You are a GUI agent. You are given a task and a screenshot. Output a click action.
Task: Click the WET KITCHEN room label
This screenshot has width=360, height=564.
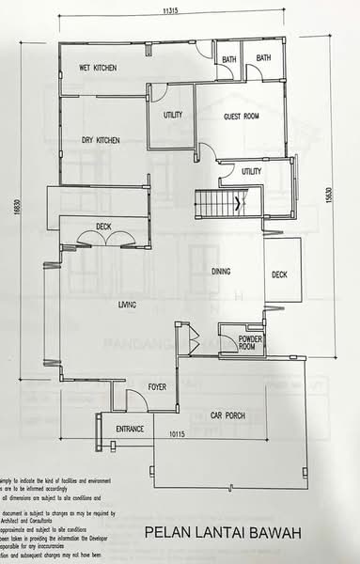97,68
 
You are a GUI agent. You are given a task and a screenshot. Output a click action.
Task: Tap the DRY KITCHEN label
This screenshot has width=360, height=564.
101,140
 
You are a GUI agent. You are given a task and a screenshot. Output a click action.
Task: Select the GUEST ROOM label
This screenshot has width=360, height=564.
241,117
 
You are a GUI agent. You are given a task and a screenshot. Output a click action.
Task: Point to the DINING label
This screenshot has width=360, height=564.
223,272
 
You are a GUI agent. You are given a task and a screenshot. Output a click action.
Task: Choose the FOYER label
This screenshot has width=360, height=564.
158,386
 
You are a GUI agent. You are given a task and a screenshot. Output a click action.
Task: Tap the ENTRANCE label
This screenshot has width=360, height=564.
130,429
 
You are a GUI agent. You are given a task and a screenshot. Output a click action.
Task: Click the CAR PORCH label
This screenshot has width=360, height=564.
228,415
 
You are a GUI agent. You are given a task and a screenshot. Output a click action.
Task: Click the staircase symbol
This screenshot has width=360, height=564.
219,203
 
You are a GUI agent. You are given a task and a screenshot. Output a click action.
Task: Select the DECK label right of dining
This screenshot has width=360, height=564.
279,275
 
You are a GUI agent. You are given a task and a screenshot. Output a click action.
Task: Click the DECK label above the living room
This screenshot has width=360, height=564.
103,226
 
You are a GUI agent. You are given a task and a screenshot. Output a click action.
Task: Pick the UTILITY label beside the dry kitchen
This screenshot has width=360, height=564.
173,115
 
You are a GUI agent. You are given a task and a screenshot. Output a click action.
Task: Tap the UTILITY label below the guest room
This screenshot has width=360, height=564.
251,171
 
